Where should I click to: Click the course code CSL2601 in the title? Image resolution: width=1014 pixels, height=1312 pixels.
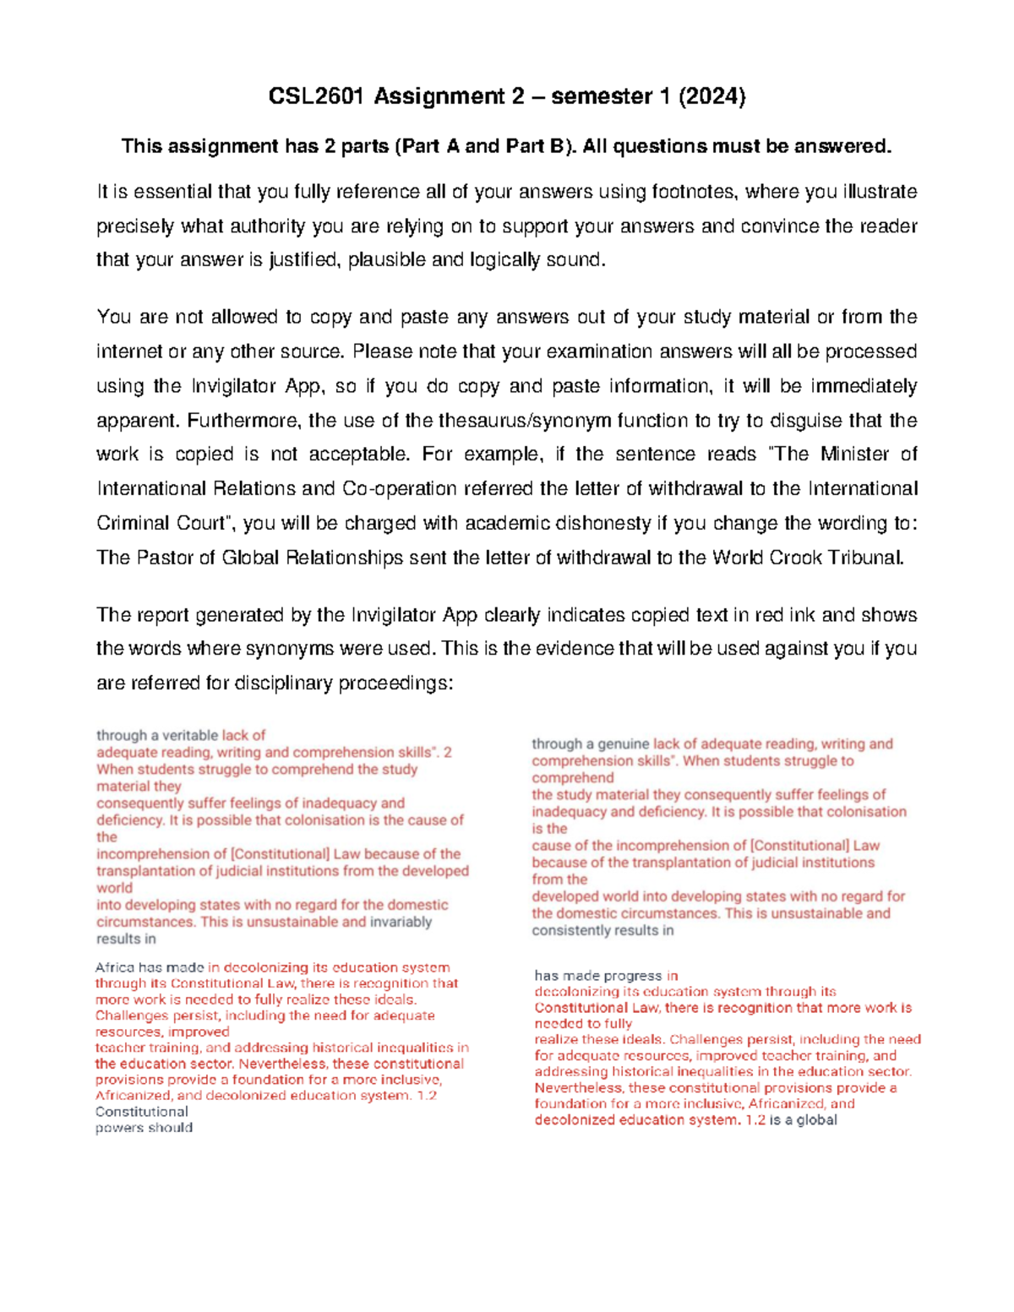tap(316, 97)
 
